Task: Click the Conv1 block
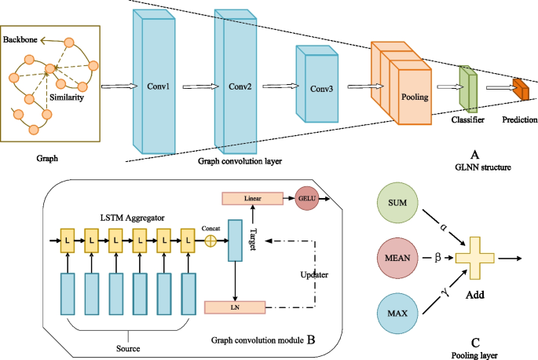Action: coord(155,82)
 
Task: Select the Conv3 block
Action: coord(317,84)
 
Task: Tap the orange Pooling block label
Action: coord(415,97)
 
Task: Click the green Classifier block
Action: coord(468,88)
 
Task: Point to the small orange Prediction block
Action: coord(521,90)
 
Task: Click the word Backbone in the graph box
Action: coord(20,39)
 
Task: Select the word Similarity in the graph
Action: coord(67,97)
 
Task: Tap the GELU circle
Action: coord(307,198)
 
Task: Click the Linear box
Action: coord(253,198)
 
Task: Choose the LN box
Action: coord(235,307)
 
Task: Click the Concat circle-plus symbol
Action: coord(210,241)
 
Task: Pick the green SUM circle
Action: coord(397,203)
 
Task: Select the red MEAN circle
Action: coord(397,258)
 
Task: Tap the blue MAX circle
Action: coord(397,314)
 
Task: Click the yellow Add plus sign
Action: coord(475,258)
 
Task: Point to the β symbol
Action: coord(437,257)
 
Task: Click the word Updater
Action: coord(314,275)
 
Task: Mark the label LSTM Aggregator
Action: coord(132,218)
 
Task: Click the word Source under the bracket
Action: coord(128,348)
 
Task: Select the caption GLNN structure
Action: coord(483,167)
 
